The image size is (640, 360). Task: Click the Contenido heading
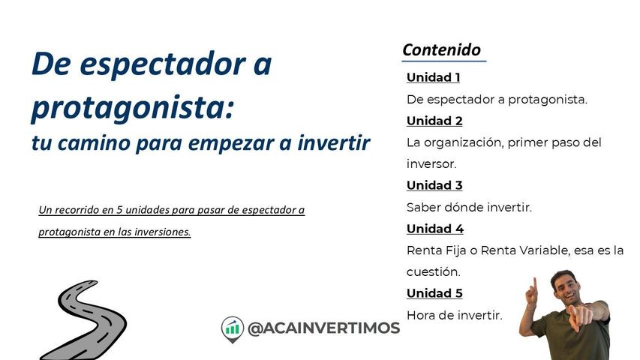442,49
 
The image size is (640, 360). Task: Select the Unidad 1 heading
433,77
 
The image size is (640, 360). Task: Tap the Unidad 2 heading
434,121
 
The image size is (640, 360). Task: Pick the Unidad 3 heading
434,185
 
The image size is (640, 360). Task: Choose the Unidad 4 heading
435,229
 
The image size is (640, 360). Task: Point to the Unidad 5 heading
434,293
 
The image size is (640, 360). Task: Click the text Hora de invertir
454,315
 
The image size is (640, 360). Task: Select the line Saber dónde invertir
469,207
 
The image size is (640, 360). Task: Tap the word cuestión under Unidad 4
433,271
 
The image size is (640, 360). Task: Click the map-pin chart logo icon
233,329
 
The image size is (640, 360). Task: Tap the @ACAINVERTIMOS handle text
323,328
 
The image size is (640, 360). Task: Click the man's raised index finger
534,283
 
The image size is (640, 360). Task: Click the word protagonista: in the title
133,108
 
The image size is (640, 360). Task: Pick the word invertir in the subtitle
333,142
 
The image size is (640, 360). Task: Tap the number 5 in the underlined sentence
119,210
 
